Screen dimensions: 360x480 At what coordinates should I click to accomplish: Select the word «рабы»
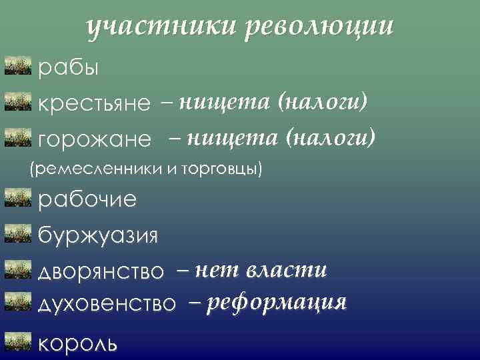point(69,68)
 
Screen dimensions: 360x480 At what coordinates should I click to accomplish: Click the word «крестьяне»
point(95,104)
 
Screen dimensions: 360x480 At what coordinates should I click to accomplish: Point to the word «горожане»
point(95,140)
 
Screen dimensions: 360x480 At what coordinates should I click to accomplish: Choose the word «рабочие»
point(87,199)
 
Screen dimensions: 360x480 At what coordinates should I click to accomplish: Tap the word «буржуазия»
point(98,235)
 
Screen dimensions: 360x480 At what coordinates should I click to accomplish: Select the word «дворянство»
point(101,271)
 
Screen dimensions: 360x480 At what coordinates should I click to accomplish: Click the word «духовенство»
point(107,304)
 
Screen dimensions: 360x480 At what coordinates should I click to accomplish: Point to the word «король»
point(79,343)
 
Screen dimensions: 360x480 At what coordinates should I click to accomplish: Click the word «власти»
point(287,270)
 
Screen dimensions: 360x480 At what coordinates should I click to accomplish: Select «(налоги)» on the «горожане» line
point(331,138)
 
